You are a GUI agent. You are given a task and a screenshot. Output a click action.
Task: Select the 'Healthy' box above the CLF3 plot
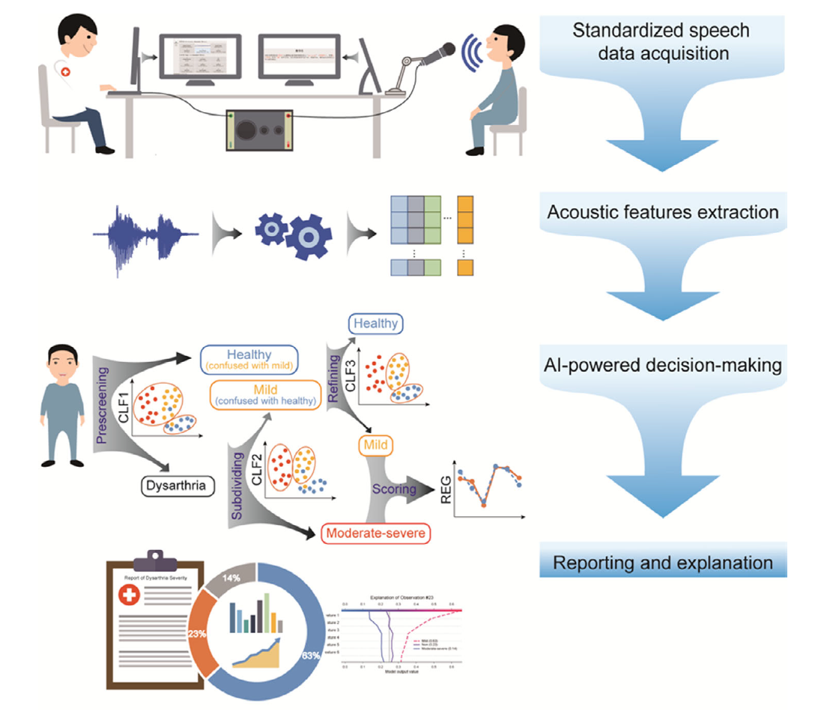pos(375,324)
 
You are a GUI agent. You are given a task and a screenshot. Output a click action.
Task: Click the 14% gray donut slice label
pos(228,578)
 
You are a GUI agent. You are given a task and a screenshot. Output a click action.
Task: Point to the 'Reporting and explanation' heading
pos(663,562)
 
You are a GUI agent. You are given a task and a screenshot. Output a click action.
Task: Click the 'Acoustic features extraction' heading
pos(663,213)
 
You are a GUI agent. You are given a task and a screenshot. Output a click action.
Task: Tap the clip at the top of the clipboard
pos(156,559)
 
